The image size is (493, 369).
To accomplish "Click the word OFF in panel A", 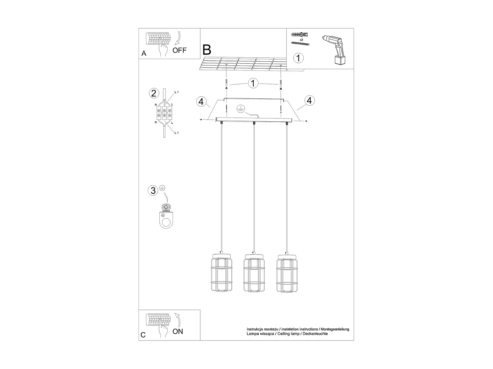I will (x=179, y=50).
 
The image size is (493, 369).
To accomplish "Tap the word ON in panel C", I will (x=178, y=331).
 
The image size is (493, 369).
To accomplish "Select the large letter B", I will (x=207, y=50).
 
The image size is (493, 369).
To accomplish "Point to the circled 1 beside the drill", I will (x=298, y=58).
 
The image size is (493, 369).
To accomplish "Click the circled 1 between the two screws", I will (x=253, y=83).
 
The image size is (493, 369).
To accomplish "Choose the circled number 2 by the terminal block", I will (x=153, y=93).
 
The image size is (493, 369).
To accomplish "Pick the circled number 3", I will (x=153, y=190).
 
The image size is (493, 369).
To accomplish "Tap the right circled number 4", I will (x=309, y=100).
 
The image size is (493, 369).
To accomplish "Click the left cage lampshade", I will (x=220, y=273).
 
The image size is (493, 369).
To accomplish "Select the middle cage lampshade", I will (x=253, y=273).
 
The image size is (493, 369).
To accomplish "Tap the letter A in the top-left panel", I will (x=144, y=53).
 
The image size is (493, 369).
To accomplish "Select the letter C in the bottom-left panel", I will (x=143, y=335).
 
